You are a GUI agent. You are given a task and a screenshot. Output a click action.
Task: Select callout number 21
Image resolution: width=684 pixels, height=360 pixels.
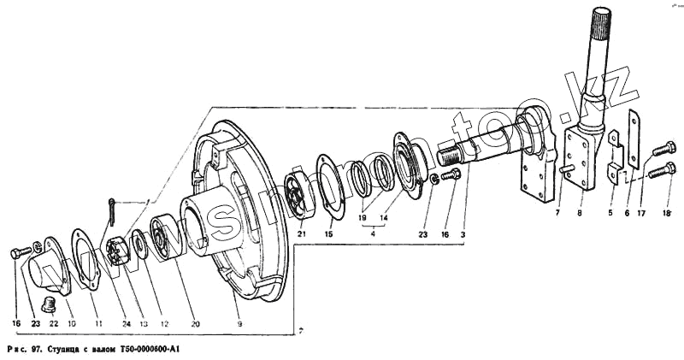click(x=300, y=234)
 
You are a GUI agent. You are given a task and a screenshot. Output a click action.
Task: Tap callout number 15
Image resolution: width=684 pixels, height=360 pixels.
click(x=329, y=234)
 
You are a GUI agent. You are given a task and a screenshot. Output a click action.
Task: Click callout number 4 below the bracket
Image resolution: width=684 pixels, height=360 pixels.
click(x=373, y=233)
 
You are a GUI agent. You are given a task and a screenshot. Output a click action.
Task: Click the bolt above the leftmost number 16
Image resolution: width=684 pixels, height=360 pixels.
click(x=18, y=254)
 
